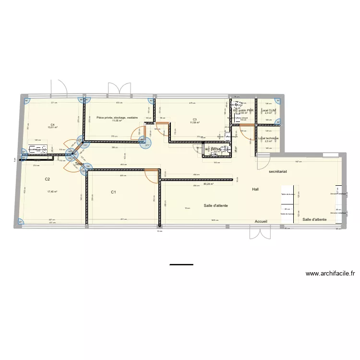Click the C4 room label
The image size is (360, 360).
51,125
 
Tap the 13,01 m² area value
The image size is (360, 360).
51,128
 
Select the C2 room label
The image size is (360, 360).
48,179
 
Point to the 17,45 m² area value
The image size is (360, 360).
52,192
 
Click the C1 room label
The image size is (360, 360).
114,192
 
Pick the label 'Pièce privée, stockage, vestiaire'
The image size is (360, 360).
117,117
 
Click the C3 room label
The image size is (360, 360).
195,119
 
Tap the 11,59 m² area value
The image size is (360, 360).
194,123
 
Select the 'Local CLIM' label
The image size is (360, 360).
268,110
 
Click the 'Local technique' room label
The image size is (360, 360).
268,138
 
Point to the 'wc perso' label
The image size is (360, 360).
214,149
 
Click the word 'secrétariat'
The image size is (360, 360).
278,171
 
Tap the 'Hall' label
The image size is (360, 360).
255,190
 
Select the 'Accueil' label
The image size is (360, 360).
261,221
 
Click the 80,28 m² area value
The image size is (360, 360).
208,183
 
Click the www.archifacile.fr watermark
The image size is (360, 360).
331,274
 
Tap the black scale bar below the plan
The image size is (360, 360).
181,264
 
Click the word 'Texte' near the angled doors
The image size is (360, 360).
79,164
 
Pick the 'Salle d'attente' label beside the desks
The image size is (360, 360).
315,219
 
